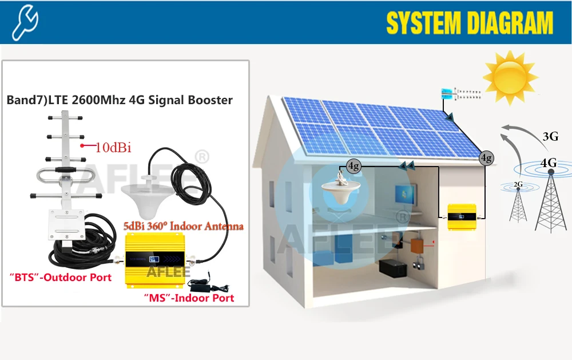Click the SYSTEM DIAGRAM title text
[x=470, y=23]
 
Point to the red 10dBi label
[x=113, y=148]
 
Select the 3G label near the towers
[x=549, y=136]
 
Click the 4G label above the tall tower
[x=548, y=163]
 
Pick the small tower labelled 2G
[x=518, y=203]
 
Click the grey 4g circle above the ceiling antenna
[x=353, y=166]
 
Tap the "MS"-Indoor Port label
[x=189, y=298]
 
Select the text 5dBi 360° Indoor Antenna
[x=184, y=226]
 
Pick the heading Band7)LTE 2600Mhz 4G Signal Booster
[x=120, y=100]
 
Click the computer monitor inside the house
[x=407, y=195]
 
